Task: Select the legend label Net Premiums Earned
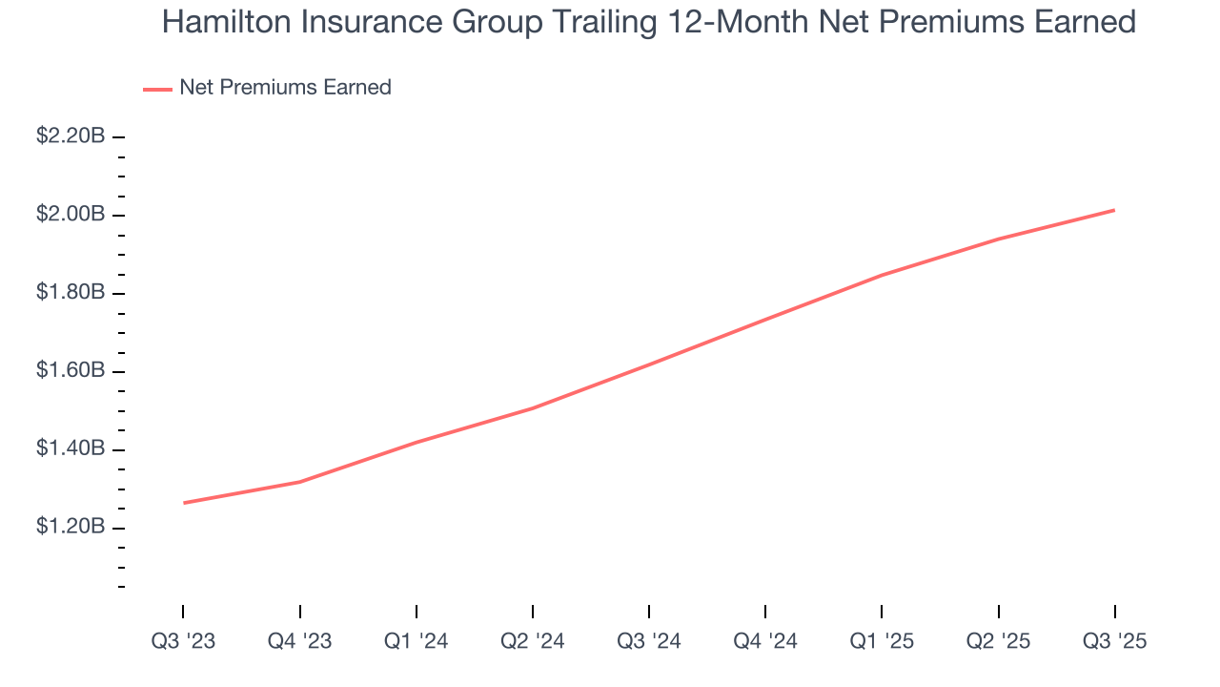click(x=285, y=88)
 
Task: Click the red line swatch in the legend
click(x=157, y=89)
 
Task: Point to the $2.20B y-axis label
click(x=71, y=136)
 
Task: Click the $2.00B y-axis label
click(x=71, y=215)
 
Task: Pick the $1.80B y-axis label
click(x=71, y=293)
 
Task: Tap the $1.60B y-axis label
click(x=71, y=371)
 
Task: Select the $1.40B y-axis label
click(x=71, y=449)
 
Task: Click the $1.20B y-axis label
click(x=71, y=528)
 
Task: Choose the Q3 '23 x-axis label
click(x=183, y=642)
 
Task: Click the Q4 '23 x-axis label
click(x=299, y=642)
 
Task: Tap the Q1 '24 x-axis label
click(x=416, y=642)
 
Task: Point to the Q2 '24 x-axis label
click(x=532, y=642)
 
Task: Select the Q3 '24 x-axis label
click(x=648, y=642)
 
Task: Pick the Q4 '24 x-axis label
click(x=764, y=642)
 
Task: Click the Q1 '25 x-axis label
click(x=881, y=642)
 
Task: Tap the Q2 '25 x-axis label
click(x=997, y=642)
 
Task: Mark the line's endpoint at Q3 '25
click(x=1114, y=210)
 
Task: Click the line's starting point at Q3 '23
click(x=183, y=503)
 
